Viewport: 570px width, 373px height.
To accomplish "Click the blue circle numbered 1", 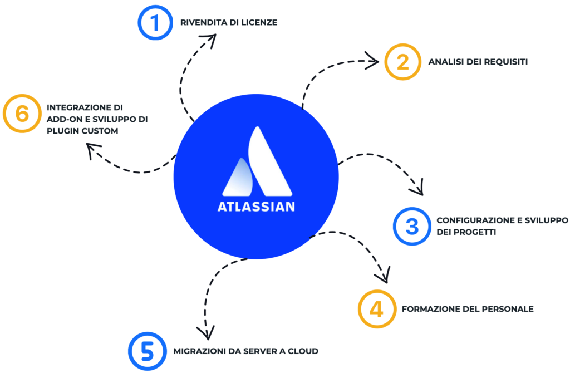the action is [139, 22].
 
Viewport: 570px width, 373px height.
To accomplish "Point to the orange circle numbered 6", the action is [5, 114].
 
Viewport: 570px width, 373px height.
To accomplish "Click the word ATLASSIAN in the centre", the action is [256, 207].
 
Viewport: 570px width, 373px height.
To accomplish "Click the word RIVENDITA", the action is [204, 22].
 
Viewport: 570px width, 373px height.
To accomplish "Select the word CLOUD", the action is [303, 351].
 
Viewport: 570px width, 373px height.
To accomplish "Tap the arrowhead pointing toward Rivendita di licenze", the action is [209, 40].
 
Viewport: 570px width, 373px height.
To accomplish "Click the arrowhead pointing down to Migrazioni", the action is [206, 333].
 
